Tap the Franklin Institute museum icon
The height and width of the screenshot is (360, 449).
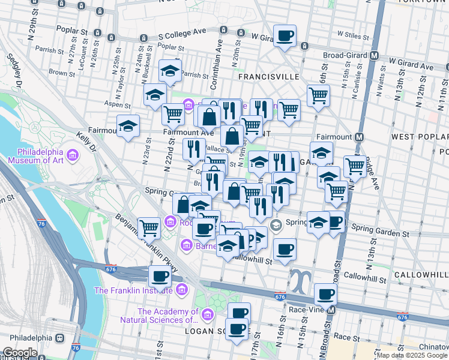point(182,290)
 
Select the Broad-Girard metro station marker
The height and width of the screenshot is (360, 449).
point(374,56)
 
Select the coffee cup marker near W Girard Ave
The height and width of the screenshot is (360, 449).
point(285,35)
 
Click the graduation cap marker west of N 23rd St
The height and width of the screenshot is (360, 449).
point(128,125)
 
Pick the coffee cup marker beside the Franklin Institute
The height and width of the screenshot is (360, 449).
point(160,275)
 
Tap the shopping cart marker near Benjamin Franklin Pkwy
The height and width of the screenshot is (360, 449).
point(149,226)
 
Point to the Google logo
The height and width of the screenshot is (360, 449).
point(20,353)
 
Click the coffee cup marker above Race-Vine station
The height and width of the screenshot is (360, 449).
point(325,293)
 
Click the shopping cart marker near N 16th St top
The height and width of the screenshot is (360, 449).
point(318,94)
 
